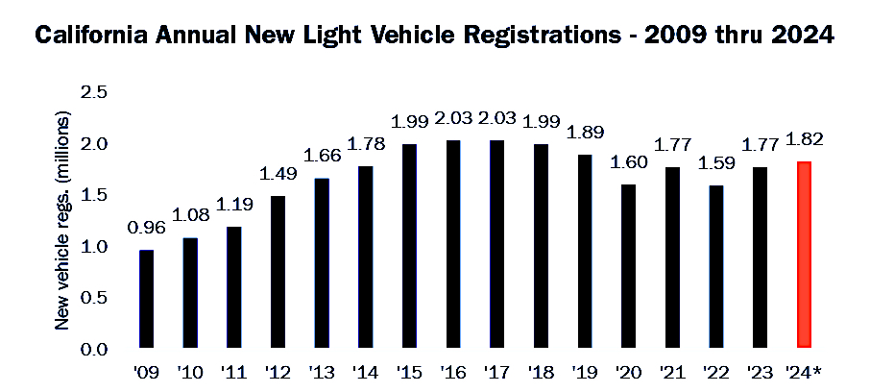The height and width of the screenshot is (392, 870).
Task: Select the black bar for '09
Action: click(x=146, y=299)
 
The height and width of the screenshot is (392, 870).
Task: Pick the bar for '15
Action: click(x=409, y=246)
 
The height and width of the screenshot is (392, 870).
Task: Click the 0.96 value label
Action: click(x=145, y=231)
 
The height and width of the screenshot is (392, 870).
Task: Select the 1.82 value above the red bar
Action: click(x=805, y=140)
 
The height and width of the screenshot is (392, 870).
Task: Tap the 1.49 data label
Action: click(x=278, y=175)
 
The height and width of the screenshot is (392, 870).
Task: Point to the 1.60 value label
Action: click(x=629, y=163)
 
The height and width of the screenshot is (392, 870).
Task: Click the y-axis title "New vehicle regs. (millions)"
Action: click(x=64, y=221)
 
